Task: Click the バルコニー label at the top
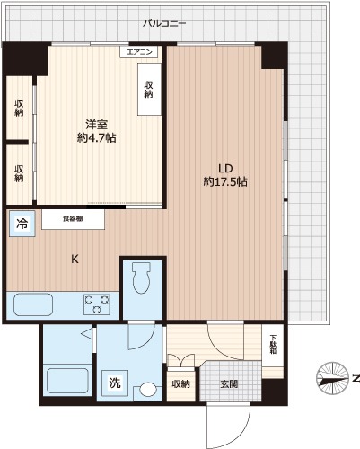[163, 22]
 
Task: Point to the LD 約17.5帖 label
[224, 174]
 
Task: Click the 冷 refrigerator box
[22, 224]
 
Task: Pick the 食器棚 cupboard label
[75, 217]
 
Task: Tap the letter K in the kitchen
[75, 260]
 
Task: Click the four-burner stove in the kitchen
[98, 303]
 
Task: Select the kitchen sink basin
[34, 303]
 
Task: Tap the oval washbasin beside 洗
[147, 391]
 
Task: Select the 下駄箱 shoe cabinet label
[275, 344]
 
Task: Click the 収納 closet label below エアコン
[148, 90]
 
